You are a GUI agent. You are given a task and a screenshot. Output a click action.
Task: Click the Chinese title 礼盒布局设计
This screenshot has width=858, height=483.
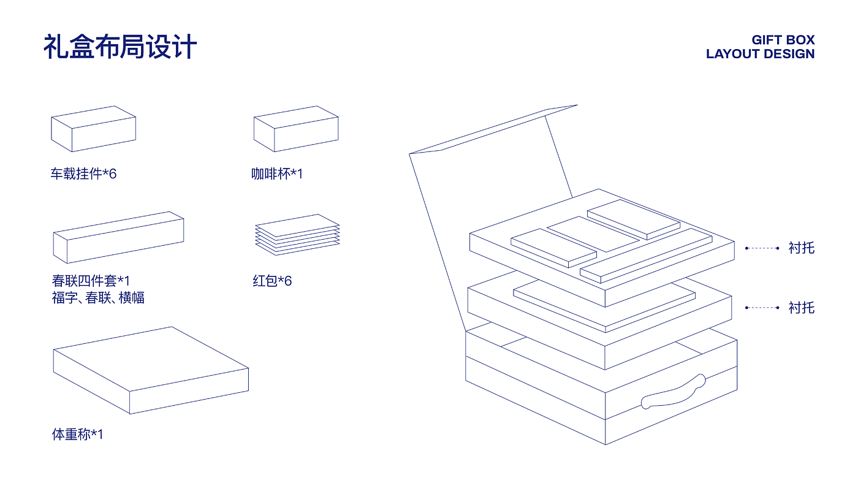(x=120, y=47)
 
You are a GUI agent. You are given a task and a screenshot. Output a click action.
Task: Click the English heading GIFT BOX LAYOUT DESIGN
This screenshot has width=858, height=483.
(x=760, y=47)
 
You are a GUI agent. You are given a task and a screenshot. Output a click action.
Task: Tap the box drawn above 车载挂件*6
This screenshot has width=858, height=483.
(x=93, y=129)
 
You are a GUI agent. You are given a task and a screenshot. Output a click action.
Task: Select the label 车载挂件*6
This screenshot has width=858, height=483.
(x=83, y=174)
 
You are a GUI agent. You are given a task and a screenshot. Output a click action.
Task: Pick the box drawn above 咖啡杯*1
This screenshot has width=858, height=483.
(x=296, y=129)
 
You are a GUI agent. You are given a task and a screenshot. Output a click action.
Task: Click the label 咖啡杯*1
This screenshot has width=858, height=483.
(x=277, y=174)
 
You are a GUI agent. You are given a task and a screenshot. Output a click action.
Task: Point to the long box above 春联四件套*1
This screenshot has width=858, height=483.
(x=118, y=237)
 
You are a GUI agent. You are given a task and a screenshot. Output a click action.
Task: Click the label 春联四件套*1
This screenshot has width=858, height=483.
(x=91, y=281)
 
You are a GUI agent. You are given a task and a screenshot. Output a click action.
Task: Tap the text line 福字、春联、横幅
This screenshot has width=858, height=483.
(x=98, y=299)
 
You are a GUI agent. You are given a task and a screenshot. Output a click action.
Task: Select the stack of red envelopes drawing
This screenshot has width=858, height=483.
(x=297, y=234)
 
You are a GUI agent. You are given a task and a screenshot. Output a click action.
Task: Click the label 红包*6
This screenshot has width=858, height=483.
(x=272, y=281)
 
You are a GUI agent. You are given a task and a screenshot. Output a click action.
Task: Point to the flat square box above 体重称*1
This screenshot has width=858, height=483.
(x=151, y=370)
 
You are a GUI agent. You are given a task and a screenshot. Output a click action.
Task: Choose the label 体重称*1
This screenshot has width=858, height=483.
(x=78, y=435)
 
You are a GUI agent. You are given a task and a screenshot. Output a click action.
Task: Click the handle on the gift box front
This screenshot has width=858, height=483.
(x=673, y=392)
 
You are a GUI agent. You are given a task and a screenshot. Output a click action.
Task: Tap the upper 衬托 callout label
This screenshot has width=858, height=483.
(x=802, y=248)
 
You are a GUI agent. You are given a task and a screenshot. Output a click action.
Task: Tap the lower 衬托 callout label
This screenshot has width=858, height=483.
(x=802, y=308)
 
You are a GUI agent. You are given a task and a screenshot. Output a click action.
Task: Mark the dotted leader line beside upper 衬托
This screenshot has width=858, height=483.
(x=762, y=248)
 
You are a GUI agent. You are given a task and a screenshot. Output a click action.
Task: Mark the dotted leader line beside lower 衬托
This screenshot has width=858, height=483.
(x=762, y=308)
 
